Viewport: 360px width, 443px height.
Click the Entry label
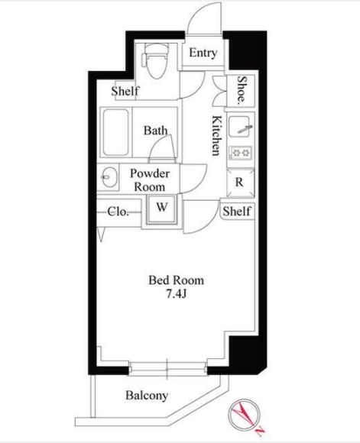point(203,53)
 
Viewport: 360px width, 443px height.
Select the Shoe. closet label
point(242,89)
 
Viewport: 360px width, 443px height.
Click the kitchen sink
point(239,127)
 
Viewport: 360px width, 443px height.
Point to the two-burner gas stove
point(240,153)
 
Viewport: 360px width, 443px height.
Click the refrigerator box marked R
point(241,183)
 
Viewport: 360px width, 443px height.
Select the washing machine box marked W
point(162,209)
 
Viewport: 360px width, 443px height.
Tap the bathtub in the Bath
point(115,132)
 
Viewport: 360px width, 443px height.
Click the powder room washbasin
point(109,177)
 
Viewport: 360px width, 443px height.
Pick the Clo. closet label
point(118,212)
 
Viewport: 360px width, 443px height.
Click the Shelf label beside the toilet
point(125,91)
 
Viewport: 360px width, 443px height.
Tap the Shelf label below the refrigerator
point(237,212)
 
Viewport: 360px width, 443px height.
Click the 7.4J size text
point(177,295)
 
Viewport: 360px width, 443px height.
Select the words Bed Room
point(177,280)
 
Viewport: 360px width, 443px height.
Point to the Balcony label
point(147,396)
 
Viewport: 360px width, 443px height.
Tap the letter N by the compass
point(261,430)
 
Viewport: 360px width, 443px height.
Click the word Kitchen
point(216,136)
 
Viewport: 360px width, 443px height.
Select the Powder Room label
point(150,180)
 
